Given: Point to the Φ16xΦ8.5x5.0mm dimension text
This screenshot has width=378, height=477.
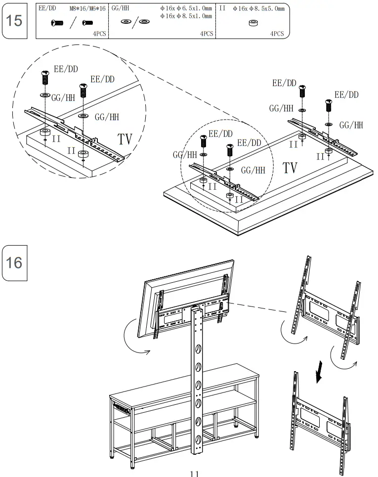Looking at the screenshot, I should [x=258, y=8].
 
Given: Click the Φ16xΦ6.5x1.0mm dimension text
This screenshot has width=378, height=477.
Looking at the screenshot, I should [x=186, y=8].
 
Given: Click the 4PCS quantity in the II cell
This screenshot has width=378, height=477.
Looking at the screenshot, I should [x=277, y=34].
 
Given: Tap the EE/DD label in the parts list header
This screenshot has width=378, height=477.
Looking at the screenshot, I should [x=47, y=8].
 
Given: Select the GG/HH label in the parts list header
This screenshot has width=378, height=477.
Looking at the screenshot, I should [x=121, y=8].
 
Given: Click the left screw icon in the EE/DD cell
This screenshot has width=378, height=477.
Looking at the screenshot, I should [x=57, y=23].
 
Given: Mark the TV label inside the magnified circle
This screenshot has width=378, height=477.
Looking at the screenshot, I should [x=125, y=139].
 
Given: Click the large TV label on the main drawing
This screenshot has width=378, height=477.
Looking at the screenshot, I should [x=290, y=168].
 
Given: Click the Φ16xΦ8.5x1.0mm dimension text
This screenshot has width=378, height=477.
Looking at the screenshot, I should [x=186, y=16].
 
